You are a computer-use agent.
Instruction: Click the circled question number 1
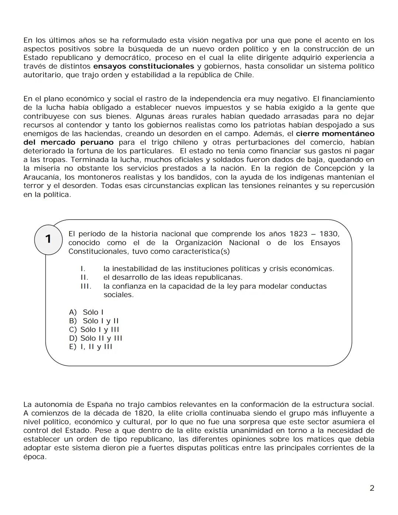[x=48, y=239]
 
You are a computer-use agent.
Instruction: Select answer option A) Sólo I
[x=86, y=312]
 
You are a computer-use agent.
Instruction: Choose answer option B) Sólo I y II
[x=94, y=321]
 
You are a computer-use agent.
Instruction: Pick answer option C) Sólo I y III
[x=94, y=330]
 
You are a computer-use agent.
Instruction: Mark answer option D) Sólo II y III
[x=95, y=338]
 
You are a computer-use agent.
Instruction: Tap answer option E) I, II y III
[x=91, y=347]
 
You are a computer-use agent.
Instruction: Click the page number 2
[x=372, y=488]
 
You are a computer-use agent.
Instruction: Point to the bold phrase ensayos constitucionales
[x=144, y=66]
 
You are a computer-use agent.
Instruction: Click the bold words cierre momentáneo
[x=335, y=134]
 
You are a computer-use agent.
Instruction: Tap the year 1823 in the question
[x=298, y=234]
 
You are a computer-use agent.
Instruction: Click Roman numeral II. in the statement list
[x=84, y=278]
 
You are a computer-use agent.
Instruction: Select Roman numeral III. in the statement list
[x=86, y=286]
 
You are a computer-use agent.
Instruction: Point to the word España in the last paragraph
[x=100, y=405]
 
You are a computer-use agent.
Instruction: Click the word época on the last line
[x=35, y=457]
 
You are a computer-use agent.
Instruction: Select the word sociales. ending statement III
[x=119, y=295]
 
